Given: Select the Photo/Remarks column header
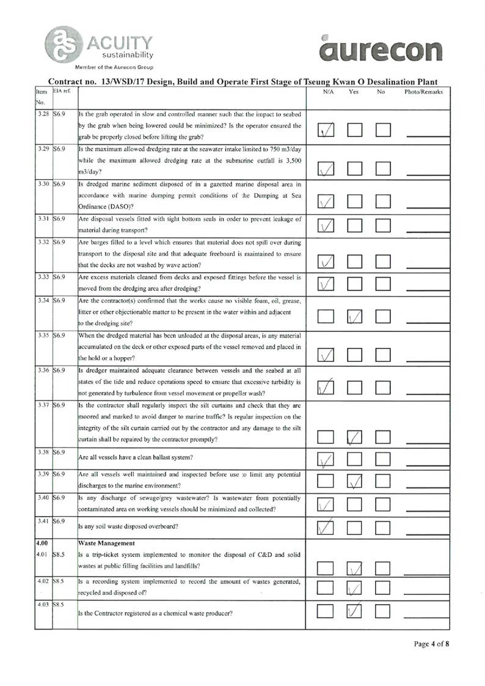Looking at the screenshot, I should pyautogui.click(x=423, y=92).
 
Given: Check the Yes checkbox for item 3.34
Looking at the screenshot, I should pyautogui.click(x=356, y=316).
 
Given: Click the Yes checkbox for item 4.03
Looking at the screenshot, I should pyautogui.click(x=356, y=611).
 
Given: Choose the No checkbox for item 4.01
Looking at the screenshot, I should pyautogui.click(x=384, y=570).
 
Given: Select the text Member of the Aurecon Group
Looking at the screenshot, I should pyautogui.click(x=114, y=67).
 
